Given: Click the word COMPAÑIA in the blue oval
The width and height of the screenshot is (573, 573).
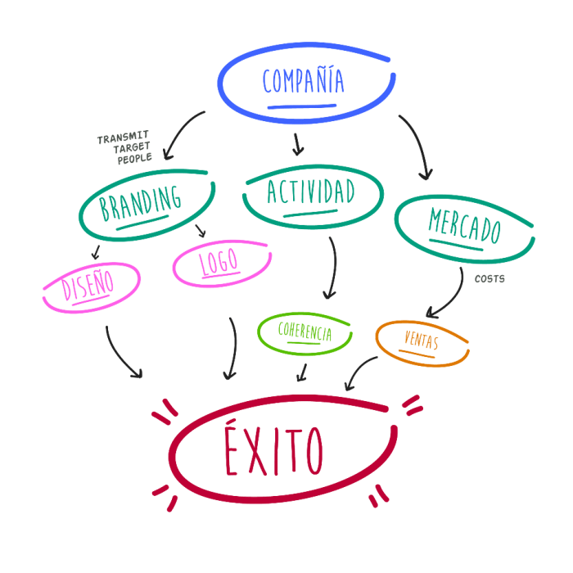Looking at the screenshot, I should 303,80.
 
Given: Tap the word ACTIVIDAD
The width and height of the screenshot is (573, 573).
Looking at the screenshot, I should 311,191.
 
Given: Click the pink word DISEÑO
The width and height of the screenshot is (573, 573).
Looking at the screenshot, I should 88,286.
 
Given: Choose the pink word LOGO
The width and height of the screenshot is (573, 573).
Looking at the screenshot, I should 219,263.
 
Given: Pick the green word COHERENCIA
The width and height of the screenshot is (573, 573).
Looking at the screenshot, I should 305,332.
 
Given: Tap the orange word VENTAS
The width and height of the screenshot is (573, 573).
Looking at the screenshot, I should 422,341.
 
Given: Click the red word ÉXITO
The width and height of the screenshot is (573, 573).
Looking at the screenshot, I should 274,451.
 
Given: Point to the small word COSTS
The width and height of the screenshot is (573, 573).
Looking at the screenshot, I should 490,278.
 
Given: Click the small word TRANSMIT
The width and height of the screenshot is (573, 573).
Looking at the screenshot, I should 124,139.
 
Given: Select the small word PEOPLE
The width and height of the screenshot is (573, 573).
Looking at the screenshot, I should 135,160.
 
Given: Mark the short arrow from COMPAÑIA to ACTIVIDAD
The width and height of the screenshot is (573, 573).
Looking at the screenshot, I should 298,144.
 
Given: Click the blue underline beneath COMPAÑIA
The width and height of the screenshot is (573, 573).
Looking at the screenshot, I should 301,106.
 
